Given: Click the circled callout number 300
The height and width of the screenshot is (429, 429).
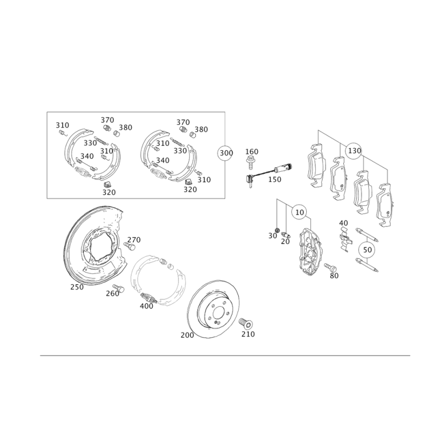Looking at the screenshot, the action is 226,153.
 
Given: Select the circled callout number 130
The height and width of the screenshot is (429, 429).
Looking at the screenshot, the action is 354,151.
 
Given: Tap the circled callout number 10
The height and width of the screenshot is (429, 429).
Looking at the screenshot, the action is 300,212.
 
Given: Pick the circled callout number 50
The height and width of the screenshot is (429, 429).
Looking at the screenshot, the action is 367,249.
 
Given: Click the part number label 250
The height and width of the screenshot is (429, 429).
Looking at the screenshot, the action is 77,287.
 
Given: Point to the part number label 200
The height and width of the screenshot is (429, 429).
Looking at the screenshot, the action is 187,335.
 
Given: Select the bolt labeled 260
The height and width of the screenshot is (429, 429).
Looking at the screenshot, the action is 118,288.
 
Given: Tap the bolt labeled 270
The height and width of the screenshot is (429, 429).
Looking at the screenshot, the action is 129,246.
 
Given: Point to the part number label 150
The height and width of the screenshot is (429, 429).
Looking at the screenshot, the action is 275,180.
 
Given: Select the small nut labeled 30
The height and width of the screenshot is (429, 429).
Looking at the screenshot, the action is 277,230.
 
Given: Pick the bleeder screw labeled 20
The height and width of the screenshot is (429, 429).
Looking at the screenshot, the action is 286,235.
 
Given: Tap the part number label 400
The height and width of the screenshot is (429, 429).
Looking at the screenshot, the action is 146,306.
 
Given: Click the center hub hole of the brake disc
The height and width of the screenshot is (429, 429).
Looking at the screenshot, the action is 219,313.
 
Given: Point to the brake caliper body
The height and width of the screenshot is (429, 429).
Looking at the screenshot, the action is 310,250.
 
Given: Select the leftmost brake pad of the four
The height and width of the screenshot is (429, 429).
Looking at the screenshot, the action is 317,165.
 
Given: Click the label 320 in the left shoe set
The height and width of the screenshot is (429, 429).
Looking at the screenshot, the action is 109,193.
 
